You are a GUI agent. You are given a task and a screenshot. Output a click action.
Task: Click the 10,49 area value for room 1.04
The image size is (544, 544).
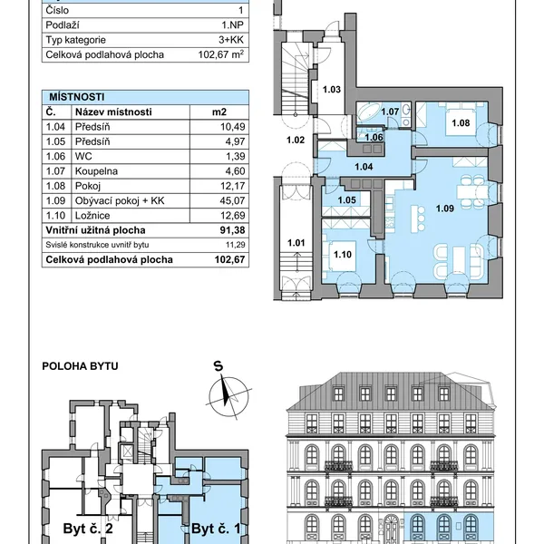[233, 127]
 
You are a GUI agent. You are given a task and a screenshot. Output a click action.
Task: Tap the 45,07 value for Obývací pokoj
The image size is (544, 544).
[232, 201]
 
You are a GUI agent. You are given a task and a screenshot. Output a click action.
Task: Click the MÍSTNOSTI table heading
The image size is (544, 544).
[77, 97]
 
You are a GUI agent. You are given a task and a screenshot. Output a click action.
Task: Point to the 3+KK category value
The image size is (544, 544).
[231, 40]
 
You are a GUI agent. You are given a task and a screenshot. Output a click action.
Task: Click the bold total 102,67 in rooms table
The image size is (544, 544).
[230, 260]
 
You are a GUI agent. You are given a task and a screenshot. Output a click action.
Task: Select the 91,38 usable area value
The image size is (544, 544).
[232, 230]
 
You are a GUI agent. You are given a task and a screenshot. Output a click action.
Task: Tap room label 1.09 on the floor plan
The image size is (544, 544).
[445, 209]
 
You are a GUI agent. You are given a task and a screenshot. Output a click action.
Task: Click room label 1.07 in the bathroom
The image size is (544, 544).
[390, 112]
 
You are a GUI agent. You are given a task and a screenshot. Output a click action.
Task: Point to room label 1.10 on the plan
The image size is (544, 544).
[343, 255]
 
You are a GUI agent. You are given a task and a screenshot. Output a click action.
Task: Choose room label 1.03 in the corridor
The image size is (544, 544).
[332, 90]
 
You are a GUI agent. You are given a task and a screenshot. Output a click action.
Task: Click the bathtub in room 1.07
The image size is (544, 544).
[369, 112]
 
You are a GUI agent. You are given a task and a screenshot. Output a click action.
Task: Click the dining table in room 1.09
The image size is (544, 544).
[469, 191]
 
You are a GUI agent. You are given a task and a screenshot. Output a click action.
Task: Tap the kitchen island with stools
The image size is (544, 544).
[415, 219]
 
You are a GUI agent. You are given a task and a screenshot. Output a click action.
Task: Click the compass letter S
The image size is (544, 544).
[219, 366]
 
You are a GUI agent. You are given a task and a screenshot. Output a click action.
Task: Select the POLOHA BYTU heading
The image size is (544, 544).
[80, 366]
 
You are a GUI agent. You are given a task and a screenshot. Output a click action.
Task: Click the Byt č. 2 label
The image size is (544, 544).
[88, 529]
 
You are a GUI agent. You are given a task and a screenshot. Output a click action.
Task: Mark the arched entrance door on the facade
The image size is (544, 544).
[391, 529]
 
